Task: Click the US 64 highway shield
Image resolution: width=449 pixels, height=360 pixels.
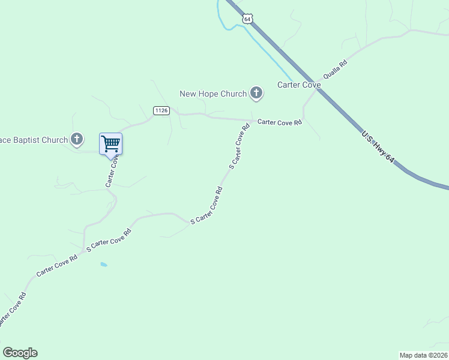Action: (247, 19)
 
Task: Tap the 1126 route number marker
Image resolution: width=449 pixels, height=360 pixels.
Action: (161, 110)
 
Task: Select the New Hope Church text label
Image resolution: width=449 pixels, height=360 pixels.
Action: (213, 94)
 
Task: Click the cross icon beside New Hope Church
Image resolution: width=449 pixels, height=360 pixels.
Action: (256, 93)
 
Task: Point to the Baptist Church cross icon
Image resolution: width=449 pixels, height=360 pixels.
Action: (76, 140)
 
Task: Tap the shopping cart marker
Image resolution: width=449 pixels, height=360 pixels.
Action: (110, 145)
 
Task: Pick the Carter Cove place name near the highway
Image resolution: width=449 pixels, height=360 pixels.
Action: (299, 85)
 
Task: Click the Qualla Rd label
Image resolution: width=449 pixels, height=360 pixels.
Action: (335, 70)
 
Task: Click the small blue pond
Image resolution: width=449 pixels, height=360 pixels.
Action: (104, 264)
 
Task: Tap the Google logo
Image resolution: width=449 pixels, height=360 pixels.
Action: (20, 353)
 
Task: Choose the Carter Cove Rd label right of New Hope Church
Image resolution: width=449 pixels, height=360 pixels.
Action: (280, 122)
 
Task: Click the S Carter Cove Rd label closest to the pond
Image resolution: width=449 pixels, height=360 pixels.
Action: (109, 239)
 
